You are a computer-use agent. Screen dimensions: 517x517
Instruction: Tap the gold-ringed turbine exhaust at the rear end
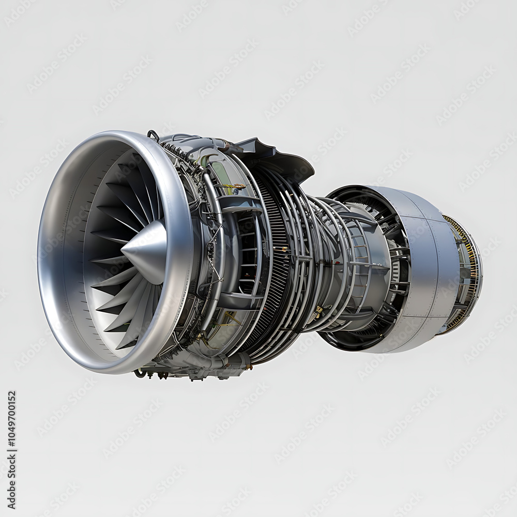pyautogui.click(x=465, y=274)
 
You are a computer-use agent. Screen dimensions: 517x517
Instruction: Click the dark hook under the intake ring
pyautogui.click(x=139, y=372)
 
